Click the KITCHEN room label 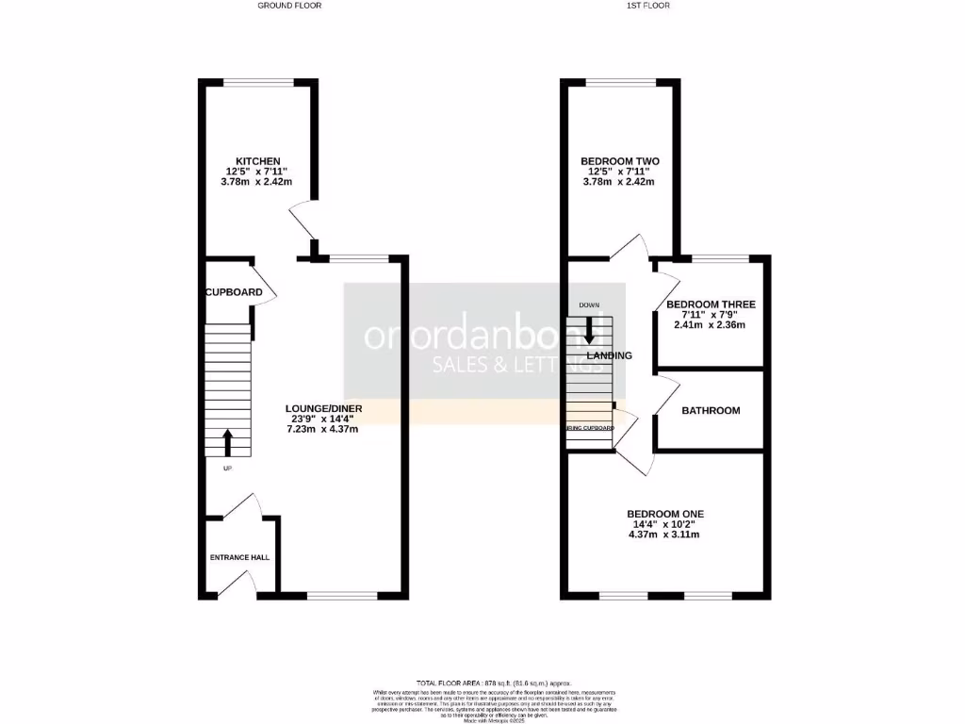pos(257,161)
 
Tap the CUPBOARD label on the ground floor pos(234,292)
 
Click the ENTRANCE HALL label pos(239,557)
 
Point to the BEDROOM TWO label pos(619,161)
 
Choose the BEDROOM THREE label pos(711,304)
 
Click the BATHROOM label pos(711,410)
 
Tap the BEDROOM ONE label pos(665,514)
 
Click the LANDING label pos(609,355)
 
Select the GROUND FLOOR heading pos(289,6)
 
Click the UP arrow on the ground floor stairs pos(227,441)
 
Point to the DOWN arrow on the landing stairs pos(590,330)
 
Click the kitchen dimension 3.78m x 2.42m pos(257,182)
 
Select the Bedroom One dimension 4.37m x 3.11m pos(665,535)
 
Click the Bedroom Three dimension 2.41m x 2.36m pos(711,325)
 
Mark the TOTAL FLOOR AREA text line pos(494,683)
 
